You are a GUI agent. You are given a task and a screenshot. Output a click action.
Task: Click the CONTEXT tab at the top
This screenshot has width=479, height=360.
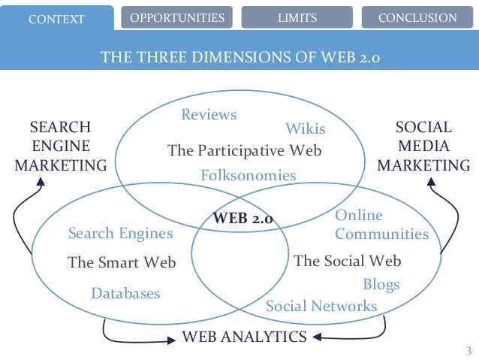[56, 18]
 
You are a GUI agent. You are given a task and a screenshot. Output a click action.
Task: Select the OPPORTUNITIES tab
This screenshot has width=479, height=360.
[177, 17]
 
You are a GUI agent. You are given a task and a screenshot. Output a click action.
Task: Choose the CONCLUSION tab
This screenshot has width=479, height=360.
[417, 17]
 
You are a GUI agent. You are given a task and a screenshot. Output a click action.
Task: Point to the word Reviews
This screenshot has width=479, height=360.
[209, 115]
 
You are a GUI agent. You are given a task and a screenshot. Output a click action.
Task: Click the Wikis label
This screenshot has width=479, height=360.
[306, 129]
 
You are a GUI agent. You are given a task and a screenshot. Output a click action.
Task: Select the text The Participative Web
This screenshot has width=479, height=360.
[244, 150]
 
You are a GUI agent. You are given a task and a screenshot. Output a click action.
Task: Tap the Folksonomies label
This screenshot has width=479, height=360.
[249, 175]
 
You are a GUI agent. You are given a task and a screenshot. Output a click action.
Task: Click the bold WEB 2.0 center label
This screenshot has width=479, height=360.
[244, 219]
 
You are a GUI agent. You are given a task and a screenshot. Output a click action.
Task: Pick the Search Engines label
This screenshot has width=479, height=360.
[120, 234]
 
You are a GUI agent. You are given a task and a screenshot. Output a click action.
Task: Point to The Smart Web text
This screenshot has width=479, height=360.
[122, 262]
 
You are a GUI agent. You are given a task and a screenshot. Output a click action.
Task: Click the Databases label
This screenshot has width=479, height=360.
[125, 293]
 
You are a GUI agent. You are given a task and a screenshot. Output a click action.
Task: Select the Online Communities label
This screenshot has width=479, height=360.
[381, 225]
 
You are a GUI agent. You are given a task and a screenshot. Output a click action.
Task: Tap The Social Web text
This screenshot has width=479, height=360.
[348, 262]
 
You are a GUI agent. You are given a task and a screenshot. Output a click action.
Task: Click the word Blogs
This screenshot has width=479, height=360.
[381, 284]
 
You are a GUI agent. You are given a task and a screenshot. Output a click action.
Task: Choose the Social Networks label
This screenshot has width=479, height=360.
[321, 306]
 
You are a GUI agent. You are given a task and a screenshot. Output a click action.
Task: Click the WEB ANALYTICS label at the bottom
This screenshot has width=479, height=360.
[245, 336]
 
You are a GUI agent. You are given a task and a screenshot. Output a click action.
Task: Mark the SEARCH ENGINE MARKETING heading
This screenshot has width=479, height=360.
[61, 146]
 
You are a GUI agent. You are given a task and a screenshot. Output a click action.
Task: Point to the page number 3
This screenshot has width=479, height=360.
[468, 351]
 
